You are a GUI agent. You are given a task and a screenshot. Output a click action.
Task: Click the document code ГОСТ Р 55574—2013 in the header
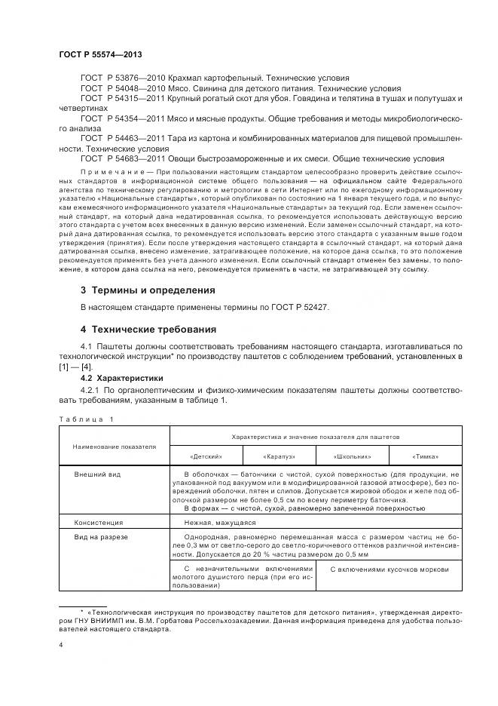click(100, 55)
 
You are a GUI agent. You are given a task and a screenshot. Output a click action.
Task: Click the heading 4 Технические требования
click(148, 330)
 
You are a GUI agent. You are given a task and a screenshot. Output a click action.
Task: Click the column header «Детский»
click(206, 457)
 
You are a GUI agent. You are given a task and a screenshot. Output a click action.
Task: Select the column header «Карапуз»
click(279, 457)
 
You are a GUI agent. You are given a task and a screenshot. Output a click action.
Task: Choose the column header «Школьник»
click(352, 457)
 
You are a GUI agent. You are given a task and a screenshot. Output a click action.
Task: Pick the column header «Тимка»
click(425, 457)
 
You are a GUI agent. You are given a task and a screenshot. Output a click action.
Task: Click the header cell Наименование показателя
click(114, 447)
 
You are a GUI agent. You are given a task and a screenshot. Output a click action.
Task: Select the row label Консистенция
click(98, 522)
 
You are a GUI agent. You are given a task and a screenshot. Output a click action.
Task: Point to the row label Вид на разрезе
click(101, 536)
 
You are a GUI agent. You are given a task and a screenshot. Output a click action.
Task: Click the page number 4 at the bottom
click(60, 645)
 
